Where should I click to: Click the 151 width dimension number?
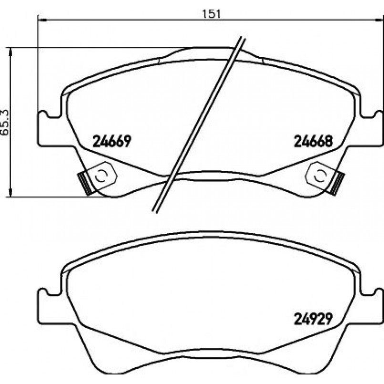point(211,13)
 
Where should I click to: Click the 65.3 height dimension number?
point(5,122)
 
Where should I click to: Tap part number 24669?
point(112,141)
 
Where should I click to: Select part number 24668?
point(313,141)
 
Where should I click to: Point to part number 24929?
point(313,318)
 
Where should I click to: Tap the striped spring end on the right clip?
point(337,183)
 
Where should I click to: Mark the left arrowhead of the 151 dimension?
point(42,19)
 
